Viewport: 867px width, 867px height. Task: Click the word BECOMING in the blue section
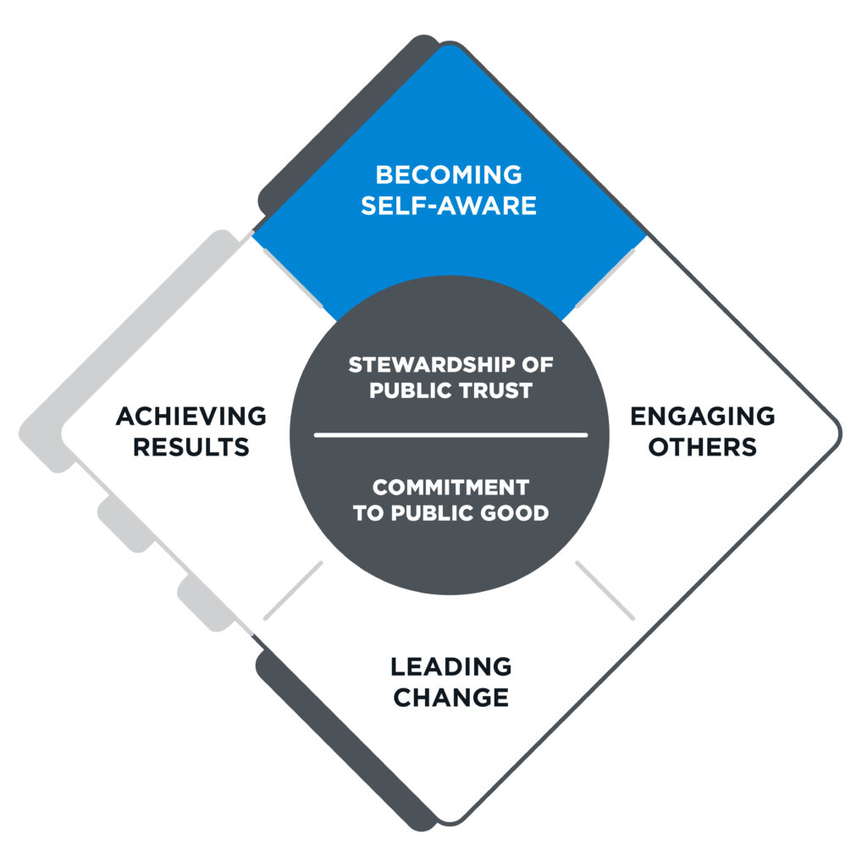[x=449, y=175]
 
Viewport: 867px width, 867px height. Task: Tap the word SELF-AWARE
[x=449, y=206]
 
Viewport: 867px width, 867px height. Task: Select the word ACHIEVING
[x=191, y=416]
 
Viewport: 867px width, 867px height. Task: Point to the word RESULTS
[x=191, y=447]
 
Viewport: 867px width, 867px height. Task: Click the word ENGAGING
[x=703, y=416]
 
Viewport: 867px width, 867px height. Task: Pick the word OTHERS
[x=703, y=447]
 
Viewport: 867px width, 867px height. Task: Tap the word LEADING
[x=451, y=666]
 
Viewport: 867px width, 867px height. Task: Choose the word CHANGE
[x=451, y=698]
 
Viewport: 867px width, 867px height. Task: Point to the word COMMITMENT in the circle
[x=450, y=488]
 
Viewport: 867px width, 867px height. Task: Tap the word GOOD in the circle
[x=518, y=513]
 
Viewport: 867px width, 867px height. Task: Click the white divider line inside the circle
[x=450, y=435]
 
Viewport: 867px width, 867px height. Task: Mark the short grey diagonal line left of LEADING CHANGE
[x=293, y=590]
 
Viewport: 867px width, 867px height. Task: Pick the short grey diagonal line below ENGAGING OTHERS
[x=605, y=590]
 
